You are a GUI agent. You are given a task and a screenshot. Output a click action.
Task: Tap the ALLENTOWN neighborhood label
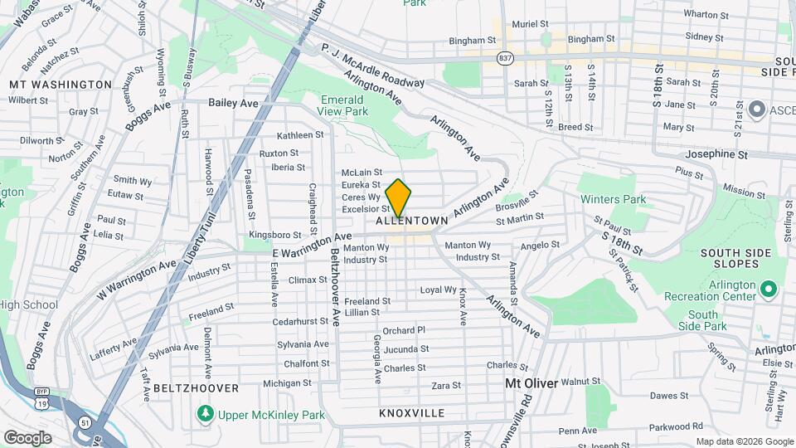click(412, 222)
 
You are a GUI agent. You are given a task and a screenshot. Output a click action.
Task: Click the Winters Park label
click(613, 199)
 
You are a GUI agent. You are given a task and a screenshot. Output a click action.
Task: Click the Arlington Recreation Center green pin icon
click(768, 290)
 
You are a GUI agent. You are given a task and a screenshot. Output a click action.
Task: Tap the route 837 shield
click(504, 58)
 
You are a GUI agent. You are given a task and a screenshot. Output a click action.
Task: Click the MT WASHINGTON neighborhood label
click(60, 85)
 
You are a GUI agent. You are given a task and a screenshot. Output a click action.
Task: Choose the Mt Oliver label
click(531, 384)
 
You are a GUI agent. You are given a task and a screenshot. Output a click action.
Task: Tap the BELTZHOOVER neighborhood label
click(196, 387)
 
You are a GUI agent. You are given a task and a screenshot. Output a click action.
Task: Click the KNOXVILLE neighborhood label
click(412, 412)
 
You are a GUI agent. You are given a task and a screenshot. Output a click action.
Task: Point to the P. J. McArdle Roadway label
click(372, 66)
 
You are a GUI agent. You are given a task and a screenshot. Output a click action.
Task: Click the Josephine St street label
click(716, 154)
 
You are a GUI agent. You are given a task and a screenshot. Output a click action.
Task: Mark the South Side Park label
click(702, 320)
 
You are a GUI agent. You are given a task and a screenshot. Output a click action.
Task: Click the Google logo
click(27, 437)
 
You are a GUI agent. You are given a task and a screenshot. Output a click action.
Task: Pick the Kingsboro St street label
click(274, 236)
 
